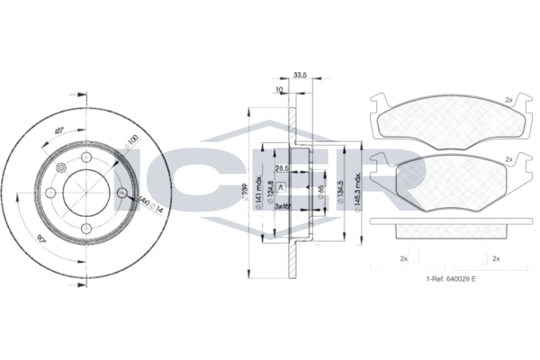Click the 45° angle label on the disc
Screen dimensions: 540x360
click(58, 130)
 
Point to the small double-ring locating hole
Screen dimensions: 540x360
click(61, 168)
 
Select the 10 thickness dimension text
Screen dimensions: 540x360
click(280, 90)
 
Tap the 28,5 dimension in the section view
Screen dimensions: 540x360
click(282, 168)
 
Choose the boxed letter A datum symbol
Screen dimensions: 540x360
click(282, 187)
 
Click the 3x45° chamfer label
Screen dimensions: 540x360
click(283, 206)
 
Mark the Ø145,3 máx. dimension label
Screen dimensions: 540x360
click(359, 191)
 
